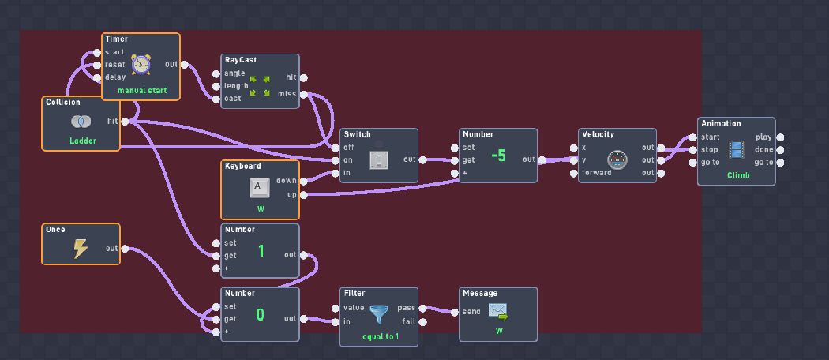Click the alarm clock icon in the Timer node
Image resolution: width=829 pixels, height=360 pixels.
pos(141,65)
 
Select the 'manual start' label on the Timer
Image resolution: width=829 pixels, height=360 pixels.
pos(141,91)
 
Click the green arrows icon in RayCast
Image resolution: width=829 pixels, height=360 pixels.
pos(260,86)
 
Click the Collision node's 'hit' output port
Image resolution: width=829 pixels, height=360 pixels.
pos(126,121)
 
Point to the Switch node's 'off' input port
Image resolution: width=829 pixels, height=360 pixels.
pos(336,147)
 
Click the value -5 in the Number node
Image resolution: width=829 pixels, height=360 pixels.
pos(497,156)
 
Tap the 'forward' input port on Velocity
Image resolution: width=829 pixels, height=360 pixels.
pos(574,173)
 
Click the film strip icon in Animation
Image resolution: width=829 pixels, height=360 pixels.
pos(737,150)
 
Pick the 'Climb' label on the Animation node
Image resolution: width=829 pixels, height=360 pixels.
pos(737,175)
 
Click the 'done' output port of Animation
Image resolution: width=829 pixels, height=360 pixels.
pos(781,150)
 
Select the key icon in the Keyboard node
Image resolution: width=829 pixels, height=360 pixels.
pos(260,187)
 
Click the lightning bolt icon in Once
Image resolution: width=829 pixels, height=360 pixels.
pos(81,249)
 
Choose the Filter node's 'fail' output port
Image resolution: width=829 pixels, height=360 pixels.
pos(424,321)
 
